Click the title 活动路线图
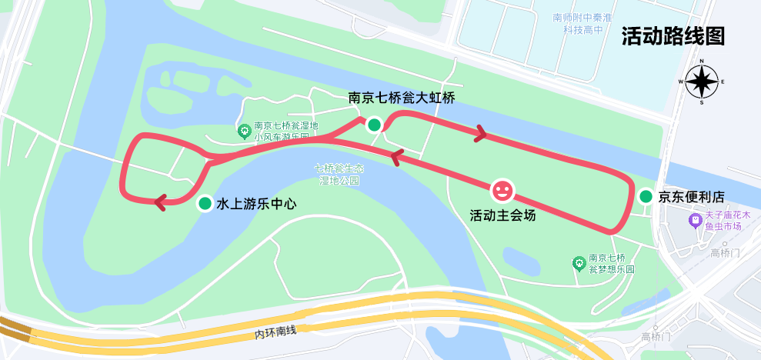(674, 36)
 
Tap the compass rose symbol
(702, 81)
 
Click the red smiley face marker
(502, 188)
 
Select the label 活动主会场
(502, 215)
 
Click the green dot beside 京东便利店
(645, 197)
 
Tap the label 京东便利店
(691, 197)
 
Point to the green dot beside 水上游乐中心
(205, 203)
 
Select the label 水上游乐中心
(256, 204)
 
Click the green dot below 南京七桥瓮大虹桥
(374, 125)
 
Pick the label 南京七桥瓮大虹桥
(402, 98)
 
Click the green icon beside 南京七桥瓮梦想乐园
(578, 264)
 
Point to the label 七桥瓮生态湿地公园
(339, 174)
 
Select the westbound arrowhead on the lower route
(394, 158)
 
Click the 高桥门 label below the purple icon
(724, 253)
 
